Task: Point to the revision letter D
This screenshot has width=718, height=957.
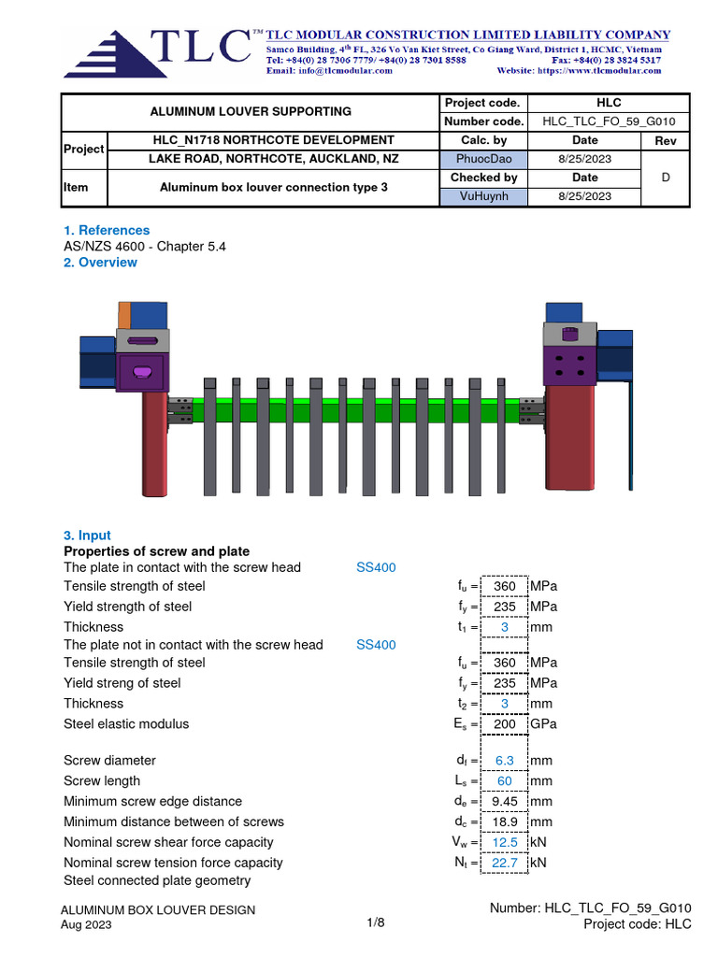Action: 666,177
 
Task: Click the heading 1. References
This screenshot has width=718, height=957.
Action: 106,230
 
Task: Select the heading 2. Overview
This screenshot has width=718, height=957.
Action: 100,263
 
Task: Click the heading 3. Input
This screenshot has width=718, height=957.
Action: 87,536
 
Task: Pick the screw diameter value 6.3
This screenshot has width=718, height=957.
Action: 505,761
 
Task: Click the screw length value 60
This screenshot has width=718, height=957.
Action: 505,781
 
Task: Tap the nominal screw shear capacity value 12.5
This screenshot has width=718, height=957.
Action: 505,843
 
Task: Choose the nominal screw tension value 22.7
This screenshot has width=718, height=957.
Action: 505,864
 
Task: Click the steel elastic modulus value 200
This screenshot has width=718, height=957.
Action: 505,723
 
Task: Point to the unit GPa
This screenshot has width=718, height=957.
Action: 544,723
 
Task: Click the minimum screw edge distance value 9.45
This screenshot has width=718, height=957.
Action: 505,802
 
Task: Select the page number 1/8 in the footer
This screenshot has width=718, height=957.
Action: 376,922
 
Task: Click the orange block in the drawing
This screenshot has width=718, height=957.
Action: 124,314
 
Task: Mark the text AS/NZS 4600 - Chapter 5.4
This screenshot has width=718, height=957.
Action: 145,247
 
